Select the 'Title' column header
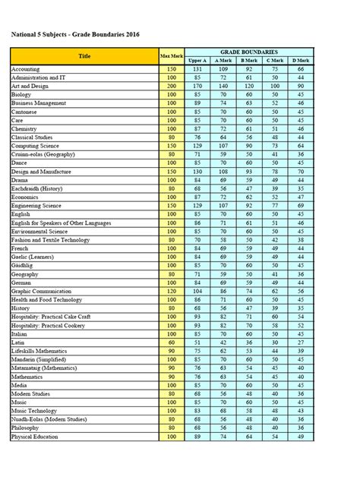coord(84,56)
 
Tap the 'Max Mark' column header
coord(171,56)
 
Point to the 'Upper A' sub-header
coord(197,60)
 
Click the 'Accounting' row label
coord(27,69)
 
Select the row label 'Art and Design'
coord(31,86)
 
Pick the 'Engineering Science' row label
coord(37,205)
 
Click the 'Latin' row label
coord(19,342)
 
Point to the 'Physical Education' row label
coord(36,437)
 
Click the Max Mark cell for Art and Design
coord(171,86)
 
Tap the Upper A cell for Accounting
coord(197,69)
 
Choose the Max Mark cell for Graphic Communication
coord(171,291)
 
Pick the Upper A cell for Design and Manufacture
coord(197,171)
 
